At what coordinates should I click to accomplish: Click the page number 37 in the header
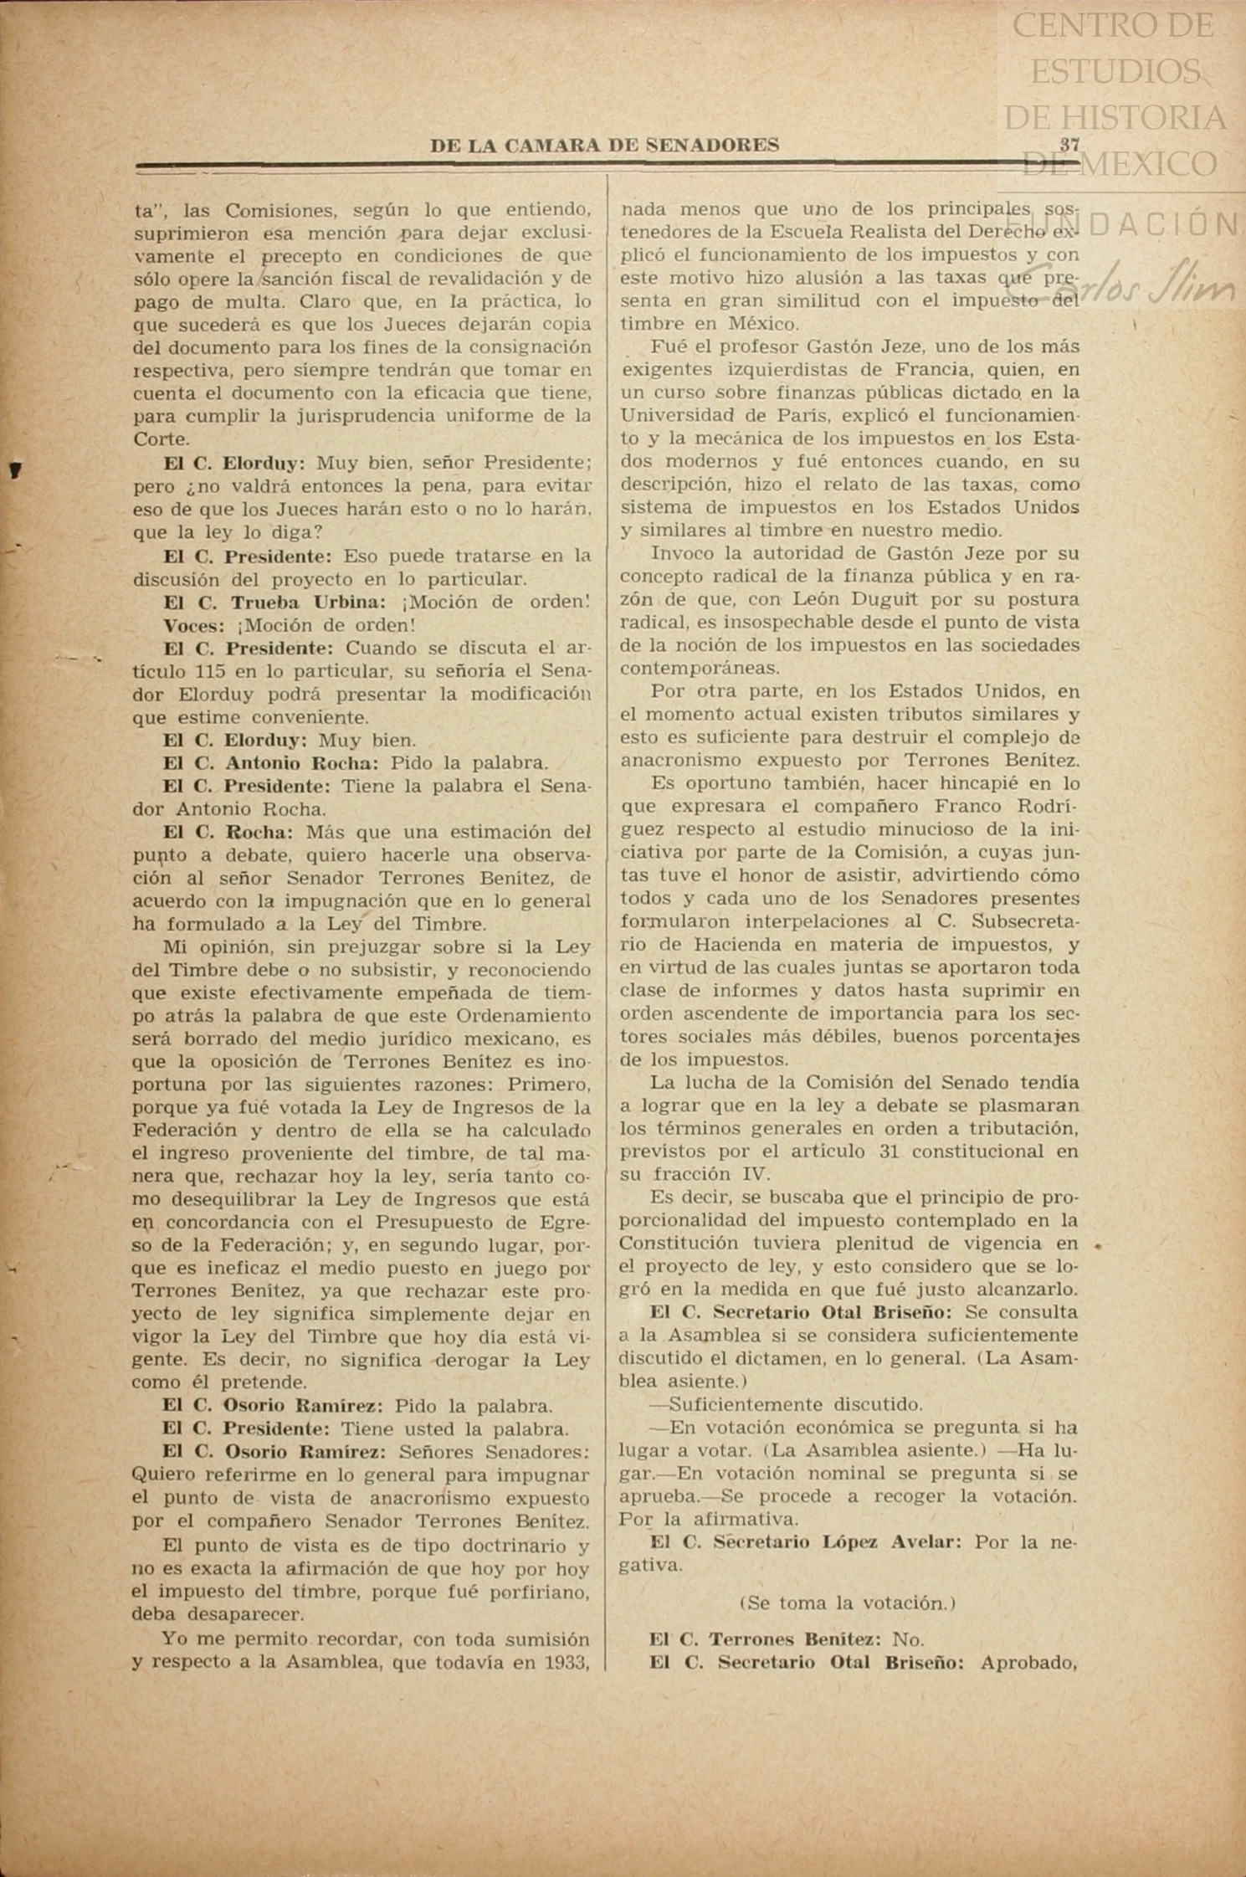pos(1069,144)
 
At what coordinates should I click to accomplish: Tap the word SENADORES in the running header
pos(712,145)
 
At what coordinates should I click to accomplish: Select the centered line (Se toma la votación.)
pos(848,1603)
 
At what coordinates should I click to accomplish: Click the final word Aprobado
pos(1028,1662)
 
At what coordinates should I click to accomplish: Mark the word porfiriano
pos(541,1592)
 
